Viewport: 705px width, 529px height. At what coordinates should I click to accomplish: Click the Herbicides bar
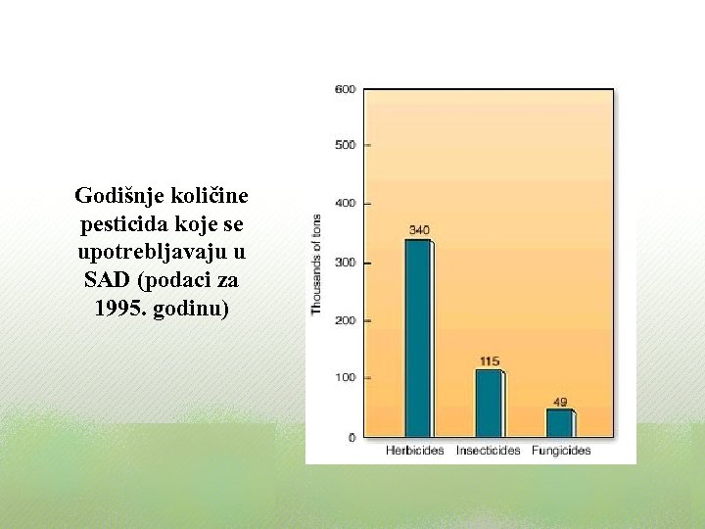(x=418, y=338)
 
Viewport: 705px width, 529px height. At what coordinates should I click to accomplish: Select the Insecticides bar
(x=489, y=403)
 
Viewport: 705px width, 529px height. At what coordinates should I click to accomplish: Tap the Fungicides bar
(x=559, y=423)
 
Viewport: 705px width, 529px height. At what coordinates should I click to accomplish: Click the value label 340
(x=418, y=230)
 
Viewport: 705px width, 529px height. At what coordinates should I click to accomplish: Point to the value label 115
(x=489, y=361)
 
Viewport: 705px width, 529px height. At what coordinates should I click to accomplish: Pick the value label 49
(x=559, y=402)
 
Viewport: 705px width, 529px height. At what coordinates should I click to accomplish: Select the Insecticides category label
(x=489, y=451)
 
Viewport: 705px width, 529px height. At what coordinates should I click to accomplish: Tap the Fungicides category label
(x=561, y=451)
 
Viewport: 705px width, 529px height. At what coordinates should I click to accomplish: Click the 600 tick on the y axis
(x=346, y=89)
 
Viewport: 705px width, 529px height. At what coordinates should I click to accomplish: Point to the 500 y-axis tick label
(x=346, y=145)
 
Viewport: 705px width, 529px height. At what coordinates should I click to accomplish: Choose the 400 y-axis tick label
(x=346, y=204)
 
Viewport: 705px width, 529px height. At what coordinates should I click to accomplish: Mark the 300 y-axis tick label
(x=346, y=263)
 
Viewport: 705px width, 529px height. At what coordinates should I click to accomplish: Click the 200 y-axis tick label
(x=346, y=320)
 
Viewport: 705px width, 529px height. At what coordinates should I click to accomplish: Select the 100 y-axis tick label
(x=346, y=377)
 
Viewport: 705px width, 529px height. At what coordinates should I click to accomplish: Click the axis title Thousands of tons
(x=316, y=264)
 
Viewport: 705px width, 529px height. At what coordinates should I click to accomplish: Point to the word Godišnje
(x=114, y=196)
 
